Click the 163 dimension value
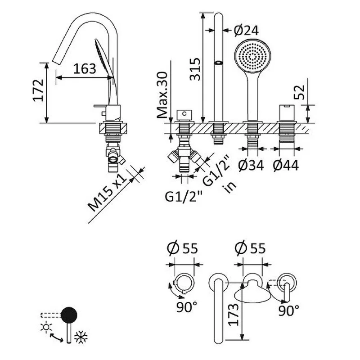(x=84, y=69)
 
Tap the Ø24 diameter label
(x=246, y=30)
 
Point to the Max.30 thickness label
(x=162, y=95)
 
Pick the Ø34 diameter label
(x=251, y=166)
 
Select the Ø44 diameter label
(x=286, y=166)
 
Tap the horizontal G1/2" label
(x=184, y=196)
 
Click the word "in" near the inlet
(x=231, y=187)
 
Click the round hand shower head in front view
(x=253, y=56)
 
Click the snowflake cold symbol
(x=81, y=337)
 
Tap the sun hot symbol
(x=45, y=327)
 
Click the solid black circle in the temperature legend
(x=69, y=315)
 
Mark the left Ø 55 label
(x=183, y=247)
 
